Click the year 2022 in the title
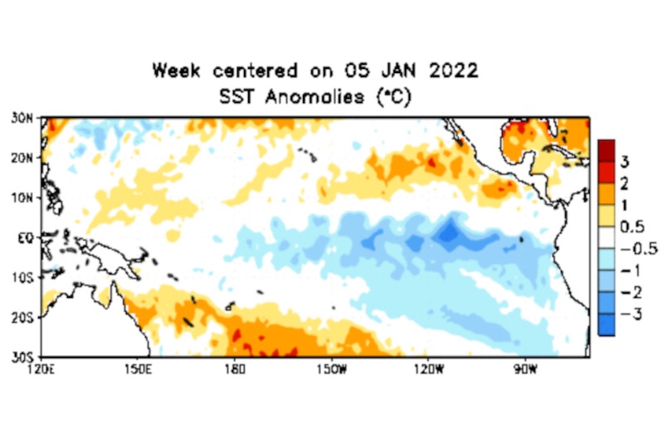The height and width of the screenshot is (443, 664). [x=452, y=71]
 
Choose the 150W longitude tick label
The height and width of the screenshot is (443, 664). [x=330, y=368]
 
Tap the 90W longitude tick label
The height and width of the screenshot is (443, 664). [x=524, y=368]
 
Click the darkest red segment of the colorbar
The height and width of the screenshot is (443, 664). [x=606, y=150]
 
